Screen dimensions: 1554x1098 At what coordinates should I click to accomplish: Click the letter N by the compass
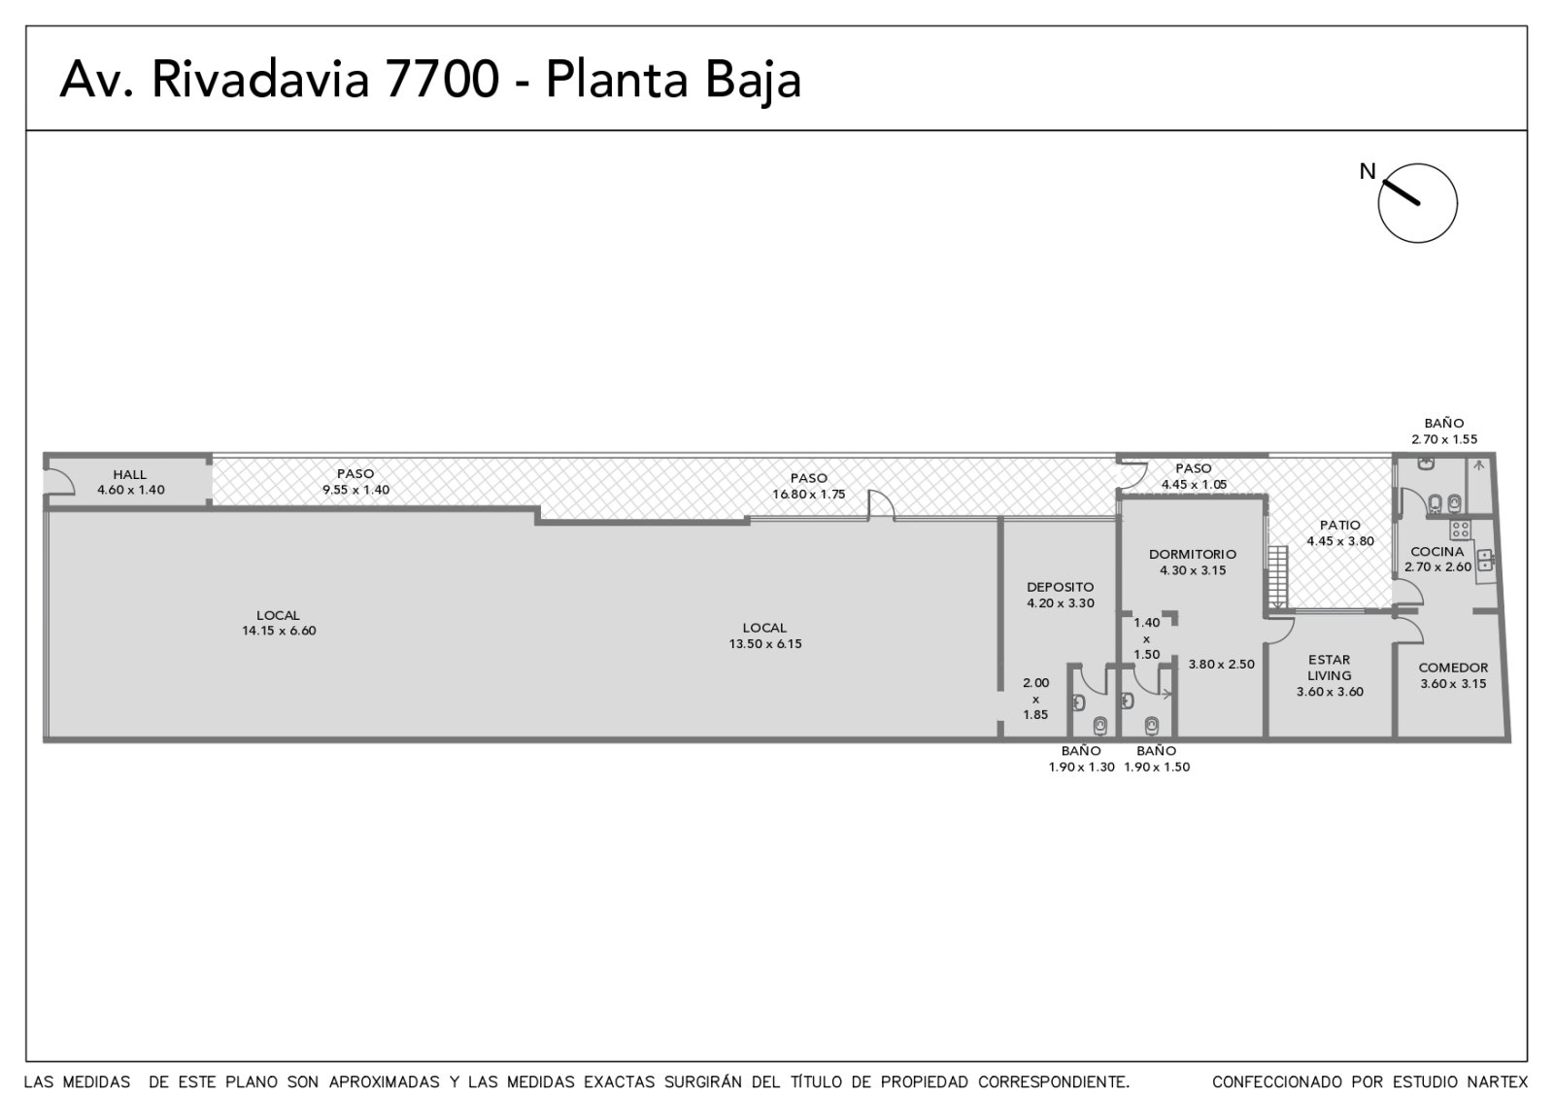click(x=1367, y=171)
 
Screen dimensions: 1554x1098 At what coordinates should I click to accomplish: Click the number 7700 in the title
click(x=441, y=79)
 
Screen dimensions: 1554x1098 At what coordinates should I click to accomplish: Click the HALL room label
click(x=130, y=475)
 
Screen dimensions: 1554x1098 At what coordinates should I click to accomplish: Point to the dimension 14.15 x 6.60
click(x=279, y=631)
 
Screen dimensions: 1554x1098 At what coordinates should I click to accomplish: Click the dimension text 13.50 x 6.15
click(x=765, y=644)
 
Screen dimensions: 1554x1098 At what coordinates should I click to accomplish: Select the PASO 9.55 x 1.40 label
click(x=355, y=482)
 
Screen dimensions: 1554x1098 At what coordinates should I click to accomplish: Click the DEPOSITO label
click(x=1060, y=587)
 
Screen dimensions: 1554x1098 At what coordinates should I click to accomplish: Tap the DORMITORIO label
click(x=1193, y=555)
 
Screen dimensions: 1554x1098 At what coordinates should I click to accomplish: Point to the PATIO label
click(x=1340, y=526)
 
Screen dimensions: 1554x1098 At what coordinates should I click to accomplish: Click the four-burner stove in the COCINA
click(x=1460, y=530)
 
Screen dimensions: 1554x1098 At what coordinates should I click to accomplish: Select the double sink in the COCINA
click(x=1485, y=560)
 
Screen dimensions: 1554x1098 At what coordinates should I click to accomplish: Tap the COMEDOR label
click(x=1453, y=668)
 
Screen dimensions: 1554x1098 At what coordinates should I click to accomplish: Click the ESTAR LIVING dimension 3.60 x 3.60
click(x=1330, y=692)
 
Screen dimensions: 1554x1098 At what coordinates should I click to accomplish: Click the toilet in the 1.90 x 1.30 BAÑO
click(x=1099, y=725)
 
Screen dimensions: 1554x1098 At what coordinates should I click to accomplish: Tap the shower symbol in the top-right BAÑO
click(x=1479, y=465)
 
